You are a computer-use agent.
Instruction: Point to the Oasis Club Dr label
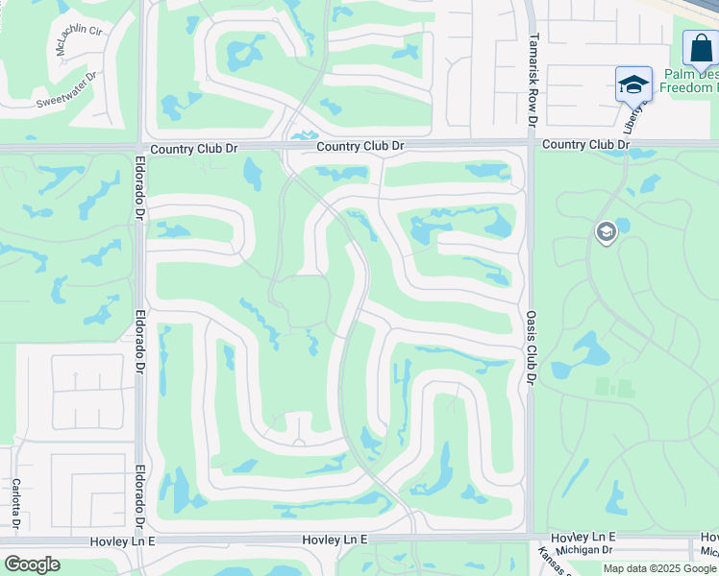(530, 347)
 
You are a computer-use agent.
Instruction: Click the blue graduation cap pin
(633, 84)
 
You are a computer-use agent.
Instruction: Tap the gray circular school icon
(606, 232)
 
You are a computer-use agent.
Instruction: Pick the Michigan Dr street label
(584, 550)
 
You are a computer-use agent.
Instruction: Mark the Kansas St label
(550, 560)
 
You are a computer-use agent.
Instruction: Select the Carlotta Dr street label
(16, 503)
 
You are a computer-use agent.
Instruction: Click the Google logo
(32, 564)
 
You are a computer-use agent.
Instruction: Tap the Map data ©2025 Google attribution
(659, 568)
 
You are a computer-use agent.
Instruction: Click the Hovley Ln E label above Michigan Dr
(583, 537)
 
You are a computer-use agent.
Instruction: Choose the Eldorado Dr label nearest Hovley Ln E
(141, 495)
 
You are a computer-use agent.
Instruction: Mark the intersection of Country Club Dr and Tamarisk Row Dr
(531, 145)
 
